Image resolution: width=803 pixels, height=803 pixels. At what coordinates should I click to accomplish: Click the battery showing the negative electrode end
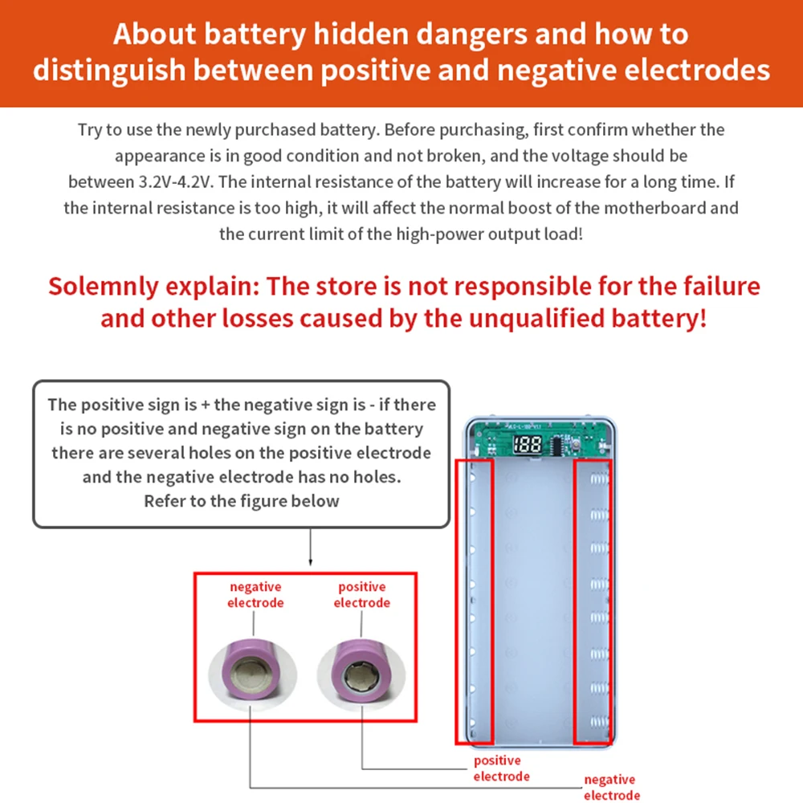click(x=253, y=671)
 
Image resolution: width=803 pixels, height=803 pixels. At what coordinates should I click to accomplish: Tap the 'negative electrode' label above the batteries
click(x=255, y=595)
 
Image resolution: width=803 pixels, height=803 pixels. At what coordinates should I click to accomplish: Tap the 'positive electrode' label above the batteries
click(x=361, y=595)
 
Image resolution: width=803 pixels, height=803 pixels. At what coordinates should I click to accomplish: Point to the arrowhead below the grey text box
click(x=310, y=565)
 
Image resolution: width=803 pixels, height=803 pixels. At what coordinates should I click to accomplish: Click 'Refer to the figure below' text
click(x=241, y=501)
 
